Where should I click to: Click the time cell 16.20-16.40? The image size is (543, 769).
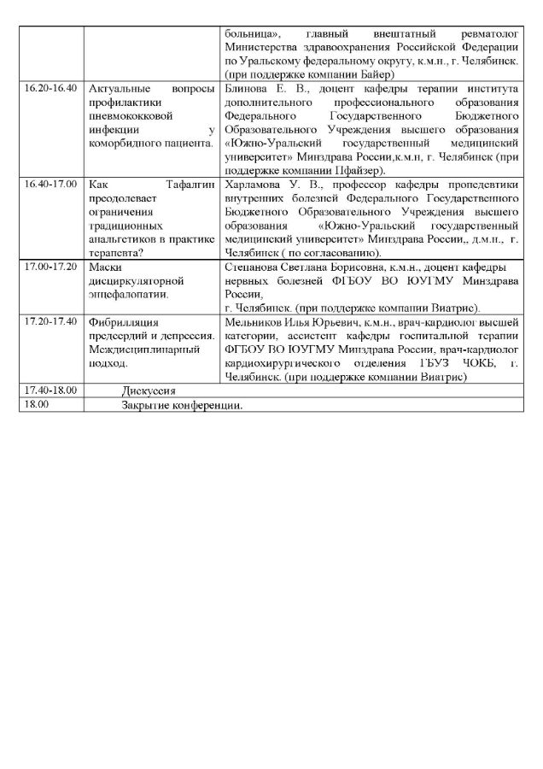(50, 88)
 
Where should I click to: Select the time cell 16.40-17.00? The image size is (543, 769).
(50, 183)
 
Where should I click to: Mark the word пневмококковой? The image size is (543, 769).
(128, 115)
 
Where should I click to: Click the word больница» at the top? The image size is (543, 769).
(246, 33)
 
